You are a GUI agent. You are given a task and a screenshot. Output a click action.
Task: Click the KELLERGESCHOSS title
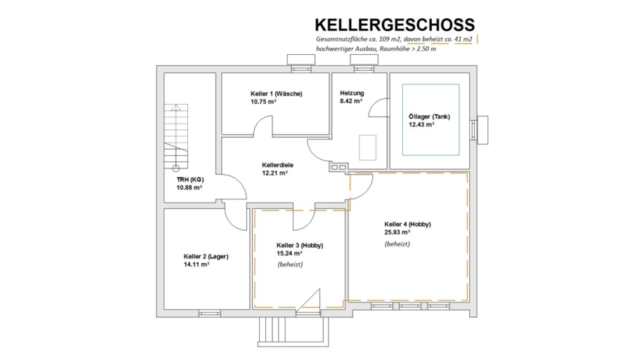point(395,25)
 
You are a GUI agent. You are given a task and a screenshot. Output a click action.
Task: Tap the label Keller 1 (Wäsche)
point(276,94)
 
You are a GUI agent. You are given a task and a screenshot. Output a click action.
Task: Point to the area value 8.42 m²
point(351,101)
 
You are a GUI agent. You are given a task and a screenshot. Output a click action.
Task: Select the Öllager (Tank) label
point(429,116)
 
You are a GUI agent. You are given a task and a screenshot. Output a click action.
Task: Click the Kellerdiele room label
point(277,165)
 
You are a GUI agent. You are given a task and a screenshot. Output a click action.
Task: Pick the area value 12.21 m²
point(275,173)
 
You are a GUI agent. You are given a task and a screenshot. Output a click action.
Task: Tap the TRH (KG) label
point(190,180)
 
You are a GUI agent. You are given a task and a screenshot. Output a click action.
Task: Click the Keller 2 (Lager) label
point(206,257)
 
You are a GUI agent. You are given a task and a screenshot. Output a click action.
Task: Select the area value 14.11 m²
point(197,265)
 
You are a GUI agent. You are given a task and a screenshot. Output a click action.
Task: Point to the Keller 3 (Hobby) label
point(299,245)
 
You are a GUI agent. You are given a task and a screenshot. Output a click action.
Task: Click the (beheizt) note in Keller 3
point(290,265)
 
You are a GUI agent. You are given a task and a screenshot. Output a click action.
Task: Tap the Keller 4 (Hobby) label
point(407,225)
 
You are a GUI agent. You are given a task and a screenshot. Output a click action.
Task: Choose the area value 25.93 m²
point(397,232)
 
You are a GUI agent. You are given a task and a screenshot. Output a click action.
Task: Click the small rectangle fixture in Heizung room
point(367,148)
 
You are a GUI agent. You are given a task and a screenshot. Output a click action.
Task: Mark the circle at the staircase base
point(176,168)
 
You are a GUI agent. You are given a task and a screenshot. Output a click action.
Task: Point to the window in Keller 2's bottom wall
point(209,313)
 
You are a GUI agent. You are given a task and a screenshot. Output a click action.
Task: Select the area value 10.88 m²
point(190,187)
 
